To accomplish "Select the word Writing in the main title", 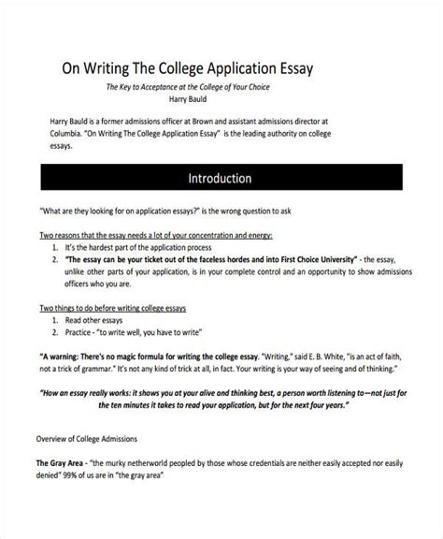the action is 109,67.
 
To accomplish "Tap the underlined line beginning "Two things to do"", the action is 119,308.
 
